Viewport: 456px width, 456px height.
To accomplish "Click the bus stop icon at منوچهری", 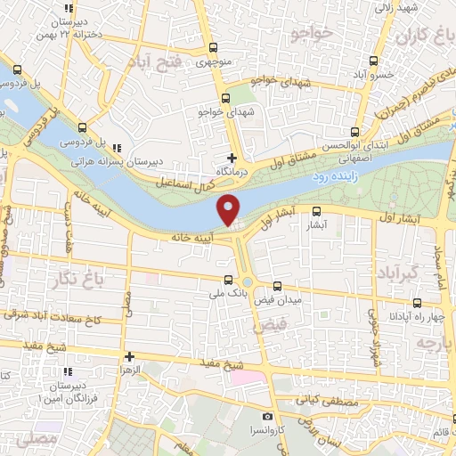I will tap(212, 49).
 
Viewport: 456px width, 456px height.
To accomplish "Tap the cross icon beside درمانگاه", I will tap(232, 157).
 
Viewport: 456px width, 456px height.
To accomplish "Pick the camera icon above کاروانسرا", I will tap(267, 416).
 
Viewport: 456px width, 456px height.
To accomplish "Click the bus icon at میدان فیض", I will tap(278, 286).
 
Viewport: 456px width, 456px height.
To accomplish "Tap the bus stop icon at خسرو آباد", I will tap(372, 61).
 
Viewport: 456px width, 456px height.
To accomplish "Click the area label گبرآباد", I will tap(396, 270).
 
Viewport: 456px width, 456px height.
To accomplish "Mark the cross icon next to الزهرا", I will tap(129, 355).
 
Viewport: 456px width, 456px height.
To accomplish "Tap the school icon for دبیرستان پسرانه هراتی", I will tap(118, 149).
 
